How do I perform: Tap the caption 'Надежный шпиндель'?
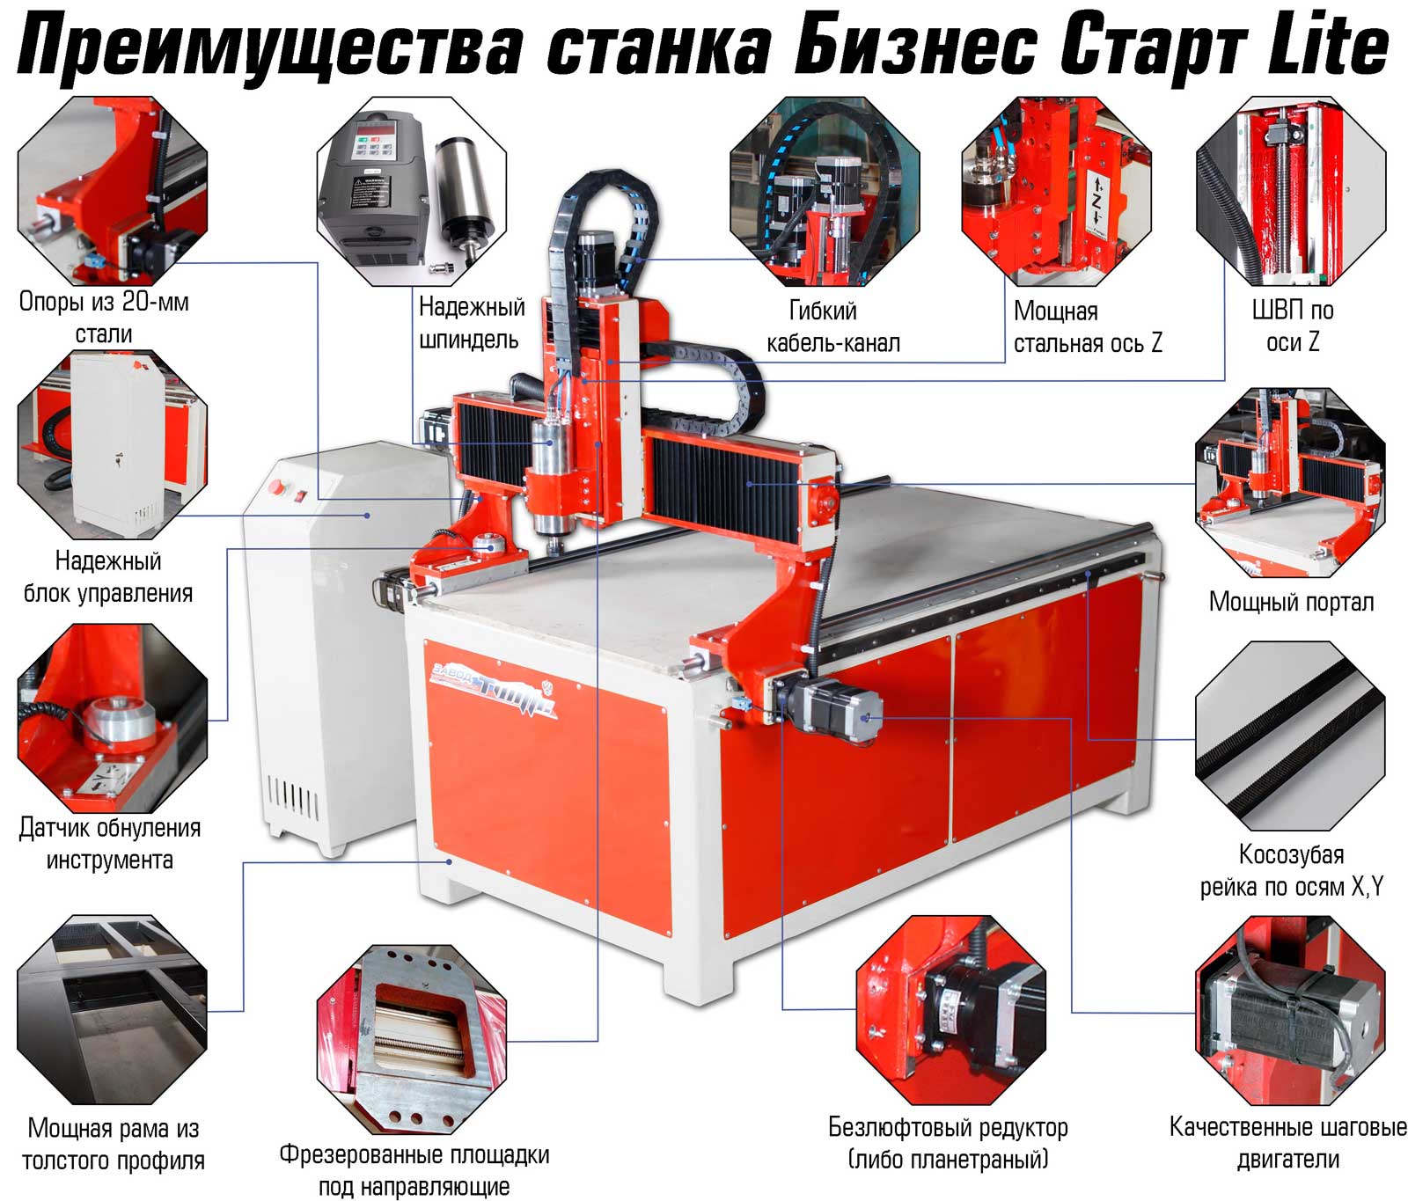click(471, 323)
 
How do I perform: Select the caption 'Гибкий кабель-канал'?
click(832, 326)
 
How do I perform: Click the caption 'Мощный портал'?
click(1291, 602)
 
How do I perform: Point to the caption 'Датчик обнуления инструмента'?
click(109, 843)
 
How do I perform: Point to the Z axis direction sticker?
click(1096, 201)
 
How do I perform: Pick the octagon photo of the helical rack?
click(1290, 736)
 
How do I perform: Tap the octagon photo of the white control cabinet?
click(113, 445)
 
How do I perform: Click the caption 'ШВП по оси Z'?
click(1292, 326)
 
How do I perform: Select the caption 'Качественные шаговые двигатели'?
click(1287, 1143)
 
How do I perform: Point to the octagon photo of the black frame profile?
click(113, 1009)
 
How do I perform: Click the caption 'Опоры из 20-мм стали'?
click(104, 317)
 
